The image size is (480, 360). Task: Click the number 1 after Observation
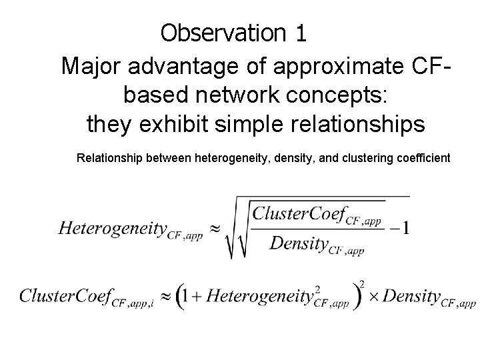point(299,33)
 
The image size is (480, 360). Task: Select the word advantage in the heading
point(181,67)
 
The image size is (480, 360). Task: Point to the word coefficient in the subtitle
point(421,159)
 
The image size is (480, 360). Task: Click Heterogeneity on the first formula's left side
point(112,228)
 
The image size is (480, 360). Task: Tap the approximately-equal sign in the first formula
point(215,227)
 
